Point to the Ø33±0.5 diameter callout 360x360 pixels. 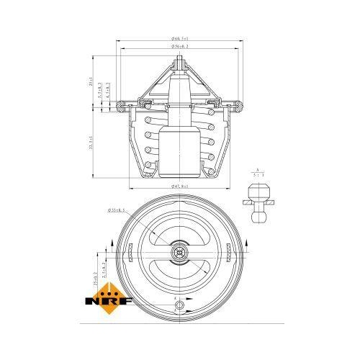coord(117,210)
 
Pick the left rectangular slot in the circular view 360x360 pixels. coord(130,253)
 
